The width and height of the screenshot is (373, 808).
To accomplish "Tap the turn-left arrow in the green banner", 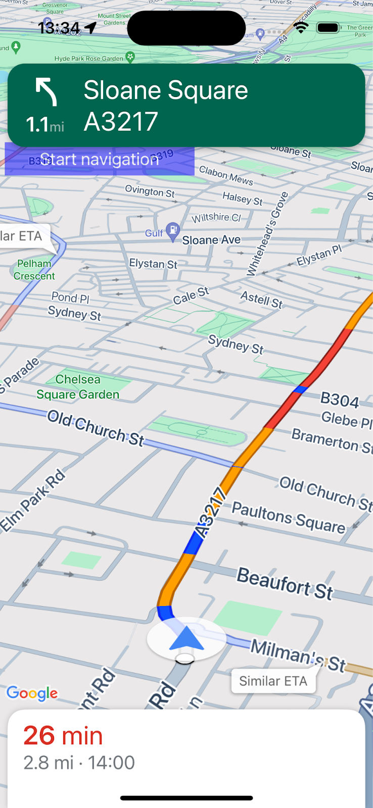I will click(46, 92).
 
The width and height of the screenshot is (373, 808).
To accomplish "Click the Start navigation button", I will click(100, 160).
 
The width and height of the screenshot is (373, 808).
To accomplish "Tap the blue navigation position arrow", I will click(186, 638).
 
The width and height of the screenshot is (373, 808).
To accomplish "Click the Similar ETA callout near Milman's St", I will click(273, 681).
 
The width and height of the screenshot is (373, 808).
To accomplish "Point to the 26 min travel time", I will click(63, 735).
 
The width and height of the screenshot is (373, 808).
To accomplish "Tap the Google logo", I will click(32, 693).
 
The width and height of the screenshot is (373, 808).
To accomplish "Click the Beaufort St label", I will click(285, 584).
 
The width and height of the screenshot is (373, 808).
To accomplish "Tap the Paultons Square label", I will click(289, 518).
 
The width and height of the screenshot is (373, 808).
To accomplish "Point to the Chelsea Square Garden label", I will click(78, 387).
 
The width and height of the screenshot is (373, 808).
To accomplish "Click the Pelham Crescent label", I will click(34, 270).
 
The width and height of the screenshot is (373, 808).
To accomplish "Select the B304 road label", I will click(340, 400).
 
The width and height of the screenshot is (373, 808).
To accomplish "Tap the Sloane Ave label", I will click(211, 240).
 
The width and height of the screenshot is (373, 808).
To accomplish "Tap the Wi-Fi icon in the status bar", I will click(301, 27).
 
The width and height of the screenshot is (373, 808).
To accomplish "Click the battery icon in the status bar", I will click(328, 27).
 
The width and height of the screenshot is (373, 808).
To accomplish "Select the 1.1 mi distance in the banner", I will click(45, 124).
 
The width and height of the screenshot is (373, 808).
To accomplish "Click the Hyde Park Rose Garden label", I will click(89, 59).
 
